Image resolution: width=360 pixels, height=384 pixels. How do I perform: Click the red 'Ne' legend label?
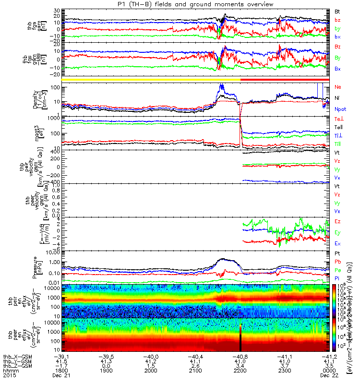[x=337, y=87]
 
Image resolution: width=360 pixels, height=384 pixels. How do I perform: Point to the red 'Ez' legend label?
[x=337, y=221]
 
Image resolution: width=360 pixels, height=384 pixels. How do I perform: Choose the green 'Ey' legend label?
[x=337, y=233]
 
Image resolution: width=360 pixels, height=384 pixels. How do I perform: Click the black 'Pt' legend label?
[x=337, y=253]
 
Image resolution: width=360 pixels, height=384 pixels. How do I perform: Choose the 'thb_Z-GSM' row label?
[x=14, y=365]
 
